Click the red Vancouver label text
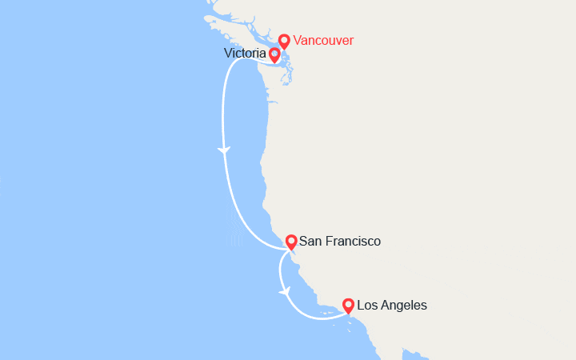[323, 40]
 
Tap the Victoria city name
[246, 53]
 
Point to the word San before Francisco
[310, 241]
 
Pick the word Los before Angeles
[367, 305]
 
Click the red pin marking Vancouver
[284, 40]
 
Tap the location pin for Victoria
[274, 54]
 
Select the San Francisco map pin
[291, 241]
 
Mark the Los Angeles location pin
[348, 305]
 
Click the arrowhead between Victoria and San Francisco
[224, 150]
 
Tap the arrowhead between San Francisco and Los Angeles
[284, 292]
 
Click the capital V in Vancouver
[298, 40]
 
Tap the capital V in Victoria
[229, 53]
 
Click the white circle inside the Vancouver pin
[284, 38]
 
